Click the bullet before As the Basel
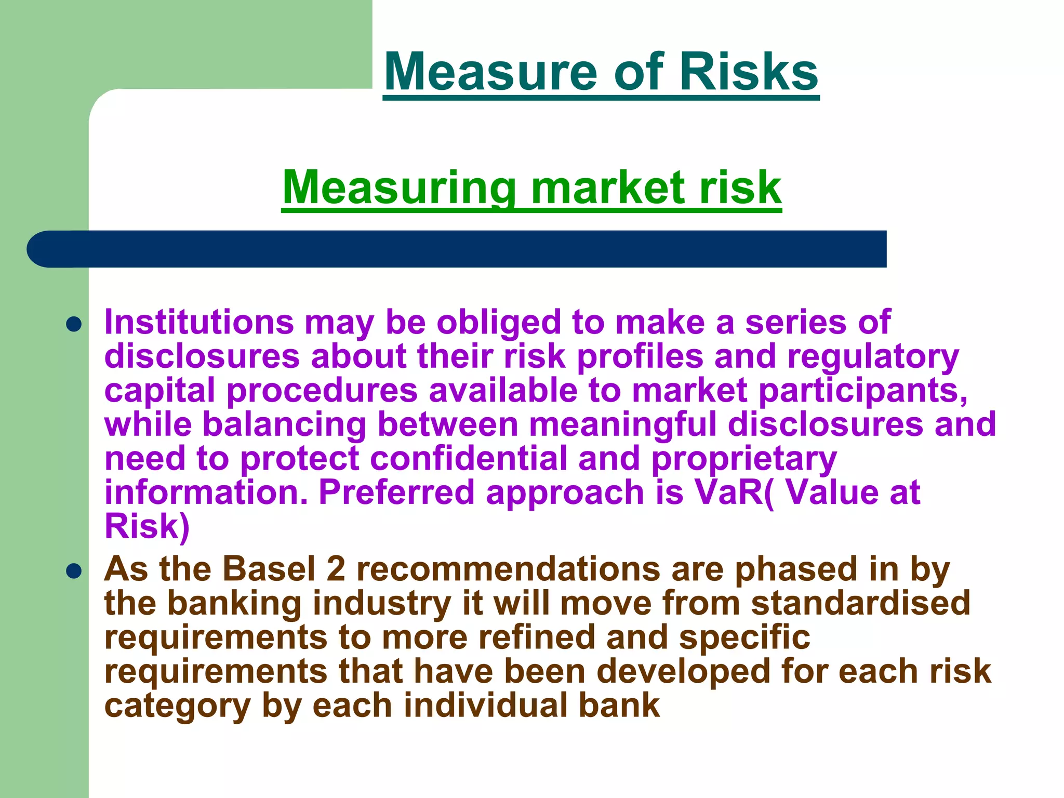74,572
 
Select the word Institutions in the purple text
199,322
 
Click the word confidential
469,459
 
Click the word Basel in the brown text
269,569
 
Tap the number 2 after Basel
336,569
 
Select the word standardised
860,603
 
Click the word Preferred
396,492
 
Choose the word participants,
863,391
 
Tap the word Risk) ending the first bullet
147,527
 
